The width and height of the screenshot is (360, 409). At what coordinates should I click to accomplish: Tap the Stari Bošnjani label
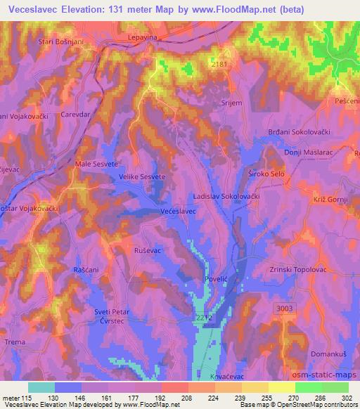62,42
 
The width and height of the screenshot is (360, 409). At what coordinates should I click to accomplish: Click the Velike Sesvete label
141,177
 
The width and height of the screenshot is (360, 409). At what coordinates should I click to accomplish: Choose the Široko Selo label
265,172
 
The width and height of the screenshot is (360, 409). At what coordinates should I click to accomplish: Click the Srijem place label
212,103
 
